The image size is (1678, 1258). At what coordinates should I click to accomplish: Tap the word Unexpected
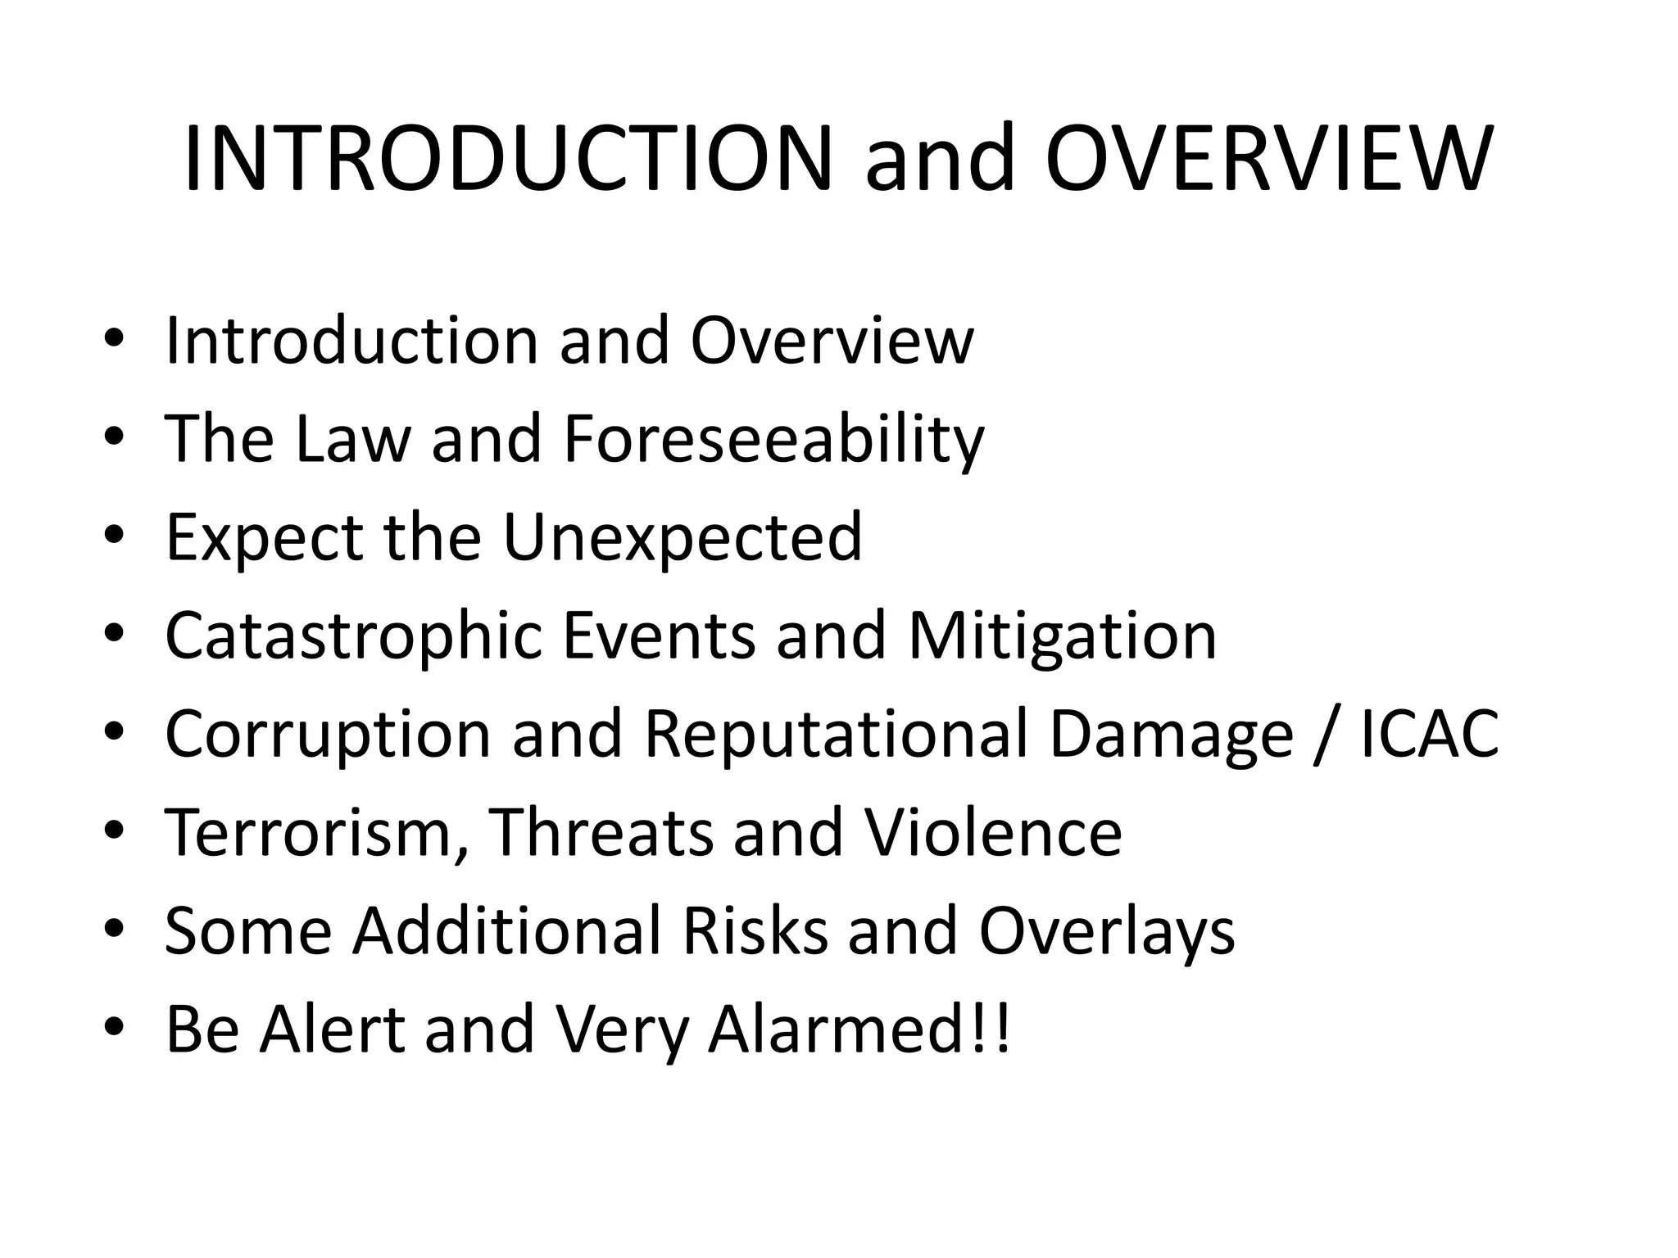[x=682, y=538]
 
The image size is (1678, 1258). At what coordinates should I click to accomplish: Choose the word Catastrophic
[x=353, y=636]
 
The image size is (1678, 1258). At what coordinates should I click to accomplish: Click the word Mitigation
[x=1062, y=636]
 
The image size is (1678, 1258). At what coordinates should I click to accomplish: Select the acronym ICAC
[x=1430, y=735]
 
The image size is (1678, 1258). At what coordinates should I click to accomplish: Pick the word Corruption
[x=328, y=735]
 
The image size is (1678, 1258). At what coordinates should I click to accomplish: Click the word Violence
[x=993, y=833]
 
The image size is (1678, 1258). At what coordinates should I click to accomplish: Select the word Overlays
[x=1106, y=932]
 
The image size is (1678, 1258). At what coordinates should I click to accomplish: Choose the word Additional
[x=507, y=932]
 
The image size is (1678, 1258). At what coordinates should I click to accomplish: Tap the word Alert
[x=332, y=1029]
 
